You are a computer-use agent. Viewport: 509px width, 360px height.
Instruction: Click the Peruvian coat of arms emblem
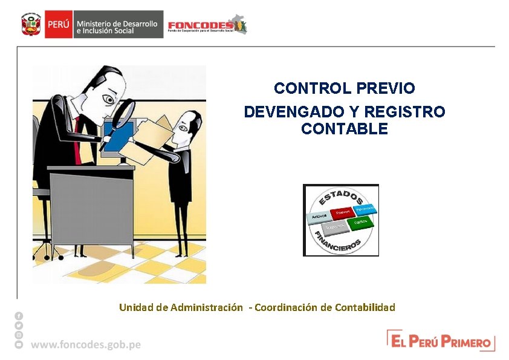click(30, 25)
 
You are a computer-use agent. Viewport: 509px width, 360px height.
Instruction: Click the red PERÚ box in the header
click(59, 25)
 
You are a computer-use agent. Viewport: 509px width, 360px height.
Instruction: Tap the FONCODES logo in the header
click(206, 25)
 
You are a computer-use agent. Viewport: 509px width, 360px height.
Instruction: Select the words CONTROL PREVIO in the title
click(344, 88)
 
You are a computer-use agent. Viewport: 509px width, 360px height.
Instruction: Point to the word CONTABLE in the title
click(344, 129)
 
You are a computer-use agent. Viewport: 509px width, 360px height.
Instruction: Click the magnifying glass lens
click(125, 113)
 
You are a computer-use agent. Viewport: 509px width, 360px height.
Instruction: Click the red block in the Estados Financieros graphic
click(343, 212)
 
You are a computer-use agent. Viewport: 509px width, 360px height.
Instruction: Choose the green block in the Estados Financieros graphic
click(361, 223)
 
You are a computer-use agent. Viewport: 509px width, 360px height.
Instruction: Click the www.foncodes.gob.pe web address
click(86, 344)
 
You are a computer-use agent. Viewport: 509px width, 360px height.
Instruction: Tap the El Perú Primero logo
click(441, 341)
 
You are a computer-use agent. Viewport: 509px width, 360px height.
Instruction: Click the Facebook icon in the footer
click(19, 316)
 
